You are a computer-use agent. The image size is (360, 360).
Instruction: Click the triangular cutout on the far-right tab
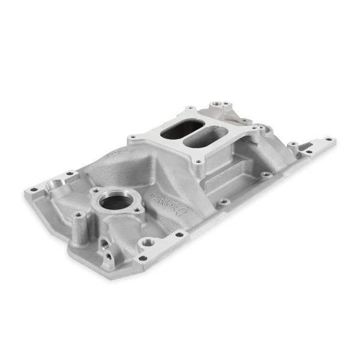point(316,145)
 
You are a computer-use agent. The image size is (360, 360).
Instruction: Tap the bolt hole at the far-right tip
point(329,140)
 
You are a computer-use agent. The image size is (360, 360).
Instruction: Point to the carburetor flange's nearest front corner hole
point(196,161)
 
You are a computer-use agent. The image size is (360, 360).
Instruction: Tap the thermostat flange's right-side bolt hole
point(137,210)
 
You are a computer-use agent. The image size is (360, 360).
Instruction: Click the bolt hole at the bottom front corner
point(142,259)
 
